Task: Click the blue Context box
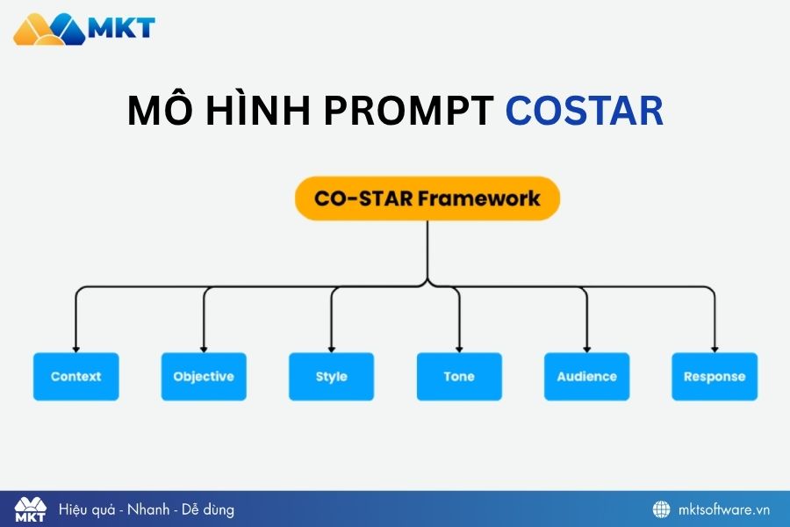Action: pyautogui.click(x=76, y=377)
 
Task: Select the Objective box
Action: pyautogui.click(x=204, y=377)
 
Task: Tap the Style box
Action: pyautogui.click(x=332, y=377)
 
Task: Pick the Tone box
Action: pyautogui.click(x=459, y=377)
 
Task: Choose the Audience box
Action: pyautogui.click(x=586, y=377)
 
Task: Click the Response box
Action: pyautogui.click(x=715, y=377)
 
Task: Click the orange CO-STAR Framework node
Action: pyautogui.click(x=427, y=198)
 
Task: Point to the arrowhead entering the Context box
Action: pyautogui.click(x=76, y=348)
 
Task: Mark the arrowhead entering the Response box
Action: pyautogui.click(x=715, y=348)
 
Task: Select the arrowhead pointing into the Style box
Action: pyautogui.click(x=332, y=348)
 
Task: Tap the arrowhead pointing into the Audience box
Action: pyautogui.click(x=586, y=348)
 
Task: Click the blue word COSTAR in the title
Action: pyautogui.click(x=585, y=112)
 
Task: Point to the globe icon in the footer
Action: pyautogui.click(x=661, y=509)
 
